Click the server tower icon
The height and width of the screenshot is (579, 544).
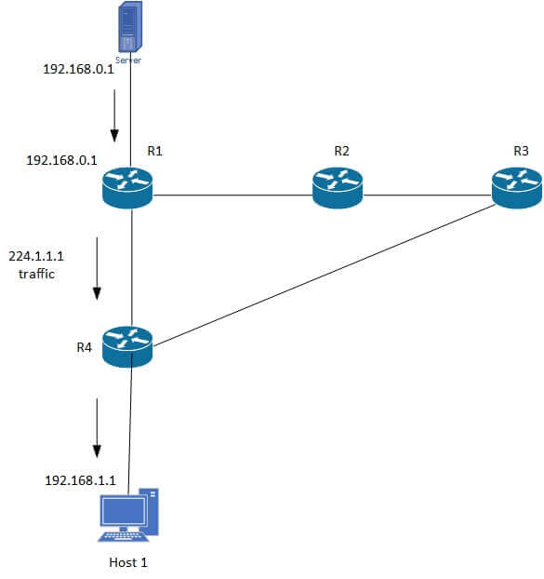coord(129,28)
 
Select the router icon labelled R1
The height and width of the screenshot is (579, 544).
coord(126,187)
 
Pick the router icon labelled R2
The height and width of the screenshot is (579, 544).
coord(338,187)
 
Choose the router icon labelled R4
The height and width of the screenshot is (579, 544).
coord(126,346)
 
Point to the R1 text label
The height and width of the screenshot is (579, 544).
coord(155,151)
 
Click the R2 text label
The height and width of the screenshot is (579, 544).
coord(342,151)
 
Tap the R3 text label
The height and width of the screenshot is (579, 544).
coord(521,151)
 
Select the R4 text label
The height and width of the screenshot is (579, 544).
coord(85,347)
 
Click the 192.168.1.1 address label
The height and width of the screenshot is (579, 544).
coord(80,481)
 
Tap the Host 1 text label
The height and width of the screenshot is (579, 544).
coord(128,562)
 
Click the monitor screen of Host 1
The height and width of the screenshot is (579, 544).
coord(124,512)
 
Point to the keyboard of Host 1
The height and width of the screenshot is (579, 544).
coord(124,536)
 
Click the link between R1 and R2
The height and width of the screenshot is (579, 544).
coord(232,196)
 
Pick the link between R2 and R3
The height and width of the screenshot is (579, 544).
coord(428,196)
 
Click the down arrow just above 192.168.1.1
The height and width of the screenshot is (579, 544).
coord(97,428)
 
